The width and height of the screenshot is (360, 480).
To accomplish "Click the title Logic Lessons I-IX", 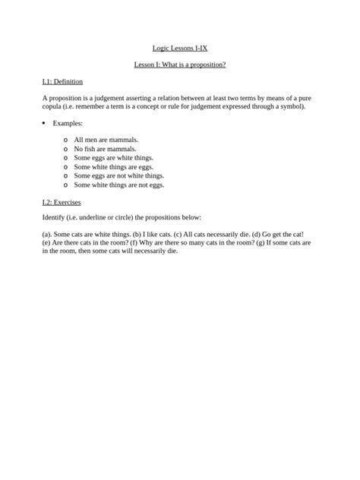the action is [180, 49].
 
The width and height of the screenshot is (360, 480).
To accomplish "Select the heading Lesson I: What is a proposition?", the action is [180, 65].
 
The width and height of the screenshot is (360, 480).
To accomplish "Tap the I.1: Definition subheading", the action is [62, 81].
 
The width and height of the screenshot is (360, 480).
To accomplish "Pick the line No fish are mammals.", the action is [105, 149].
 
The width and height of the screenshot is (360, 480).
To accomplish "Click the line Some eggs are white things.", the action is [113, 158].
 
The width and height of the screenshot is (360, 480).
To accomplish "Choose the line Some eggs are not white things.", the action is [118, 175].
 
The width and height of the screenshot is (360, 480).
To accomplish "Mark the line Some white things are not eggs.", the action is [118, 185].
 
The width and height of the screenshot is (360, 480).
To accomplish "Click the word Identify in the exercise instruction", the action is [55, 218].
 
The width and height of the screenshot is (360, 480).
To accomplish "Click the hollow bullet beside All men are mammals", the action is [66, 141].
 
